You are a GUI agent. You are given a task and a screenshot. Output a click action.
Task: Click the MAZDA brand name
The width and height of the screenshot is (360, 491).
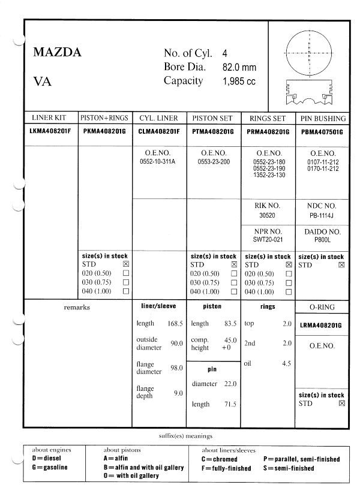(57, 52)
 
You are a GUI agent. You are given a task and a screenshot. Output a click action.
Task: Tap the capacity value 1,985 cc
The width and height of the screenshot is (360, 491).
(239, 82)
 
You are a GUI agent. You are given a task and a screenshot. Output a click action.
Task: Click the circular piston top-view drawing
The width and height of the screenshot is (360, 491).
(308, 51)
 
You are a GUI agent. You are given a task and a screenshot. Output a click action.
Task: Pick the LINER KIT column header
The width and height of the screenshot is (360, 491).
(51, 118)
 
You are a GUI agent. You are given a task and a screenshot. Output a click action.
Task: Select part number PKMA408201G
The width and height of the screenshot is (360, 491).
(105, 131)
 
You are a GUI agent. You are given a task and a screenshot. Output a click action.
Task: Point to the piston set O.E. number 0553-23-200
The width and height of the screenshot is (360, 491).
(213, 161)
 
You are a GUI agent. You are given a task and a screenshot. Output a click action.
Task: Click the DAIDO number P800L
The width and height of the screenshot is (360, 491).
(322, 239)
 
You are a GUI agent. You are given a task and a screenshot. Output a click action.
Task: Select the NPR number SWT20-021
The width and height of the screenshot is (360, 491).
(267, 239)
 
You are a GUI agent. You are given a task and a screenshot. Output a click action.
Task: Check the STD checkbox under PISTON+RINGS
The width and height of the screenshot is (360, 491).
(126, 264)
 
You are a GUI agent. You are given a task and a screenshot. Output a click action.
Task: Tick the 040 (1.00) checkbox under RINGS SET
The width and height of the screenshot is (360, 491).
(289, 292)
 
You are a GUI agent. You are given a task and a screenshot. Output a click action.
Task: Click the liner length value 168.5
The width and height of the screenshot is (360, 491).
(175, 324)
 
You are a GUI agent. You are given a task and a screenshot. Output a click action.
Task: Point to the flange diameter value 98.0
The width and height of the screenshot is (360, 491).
(176, 368)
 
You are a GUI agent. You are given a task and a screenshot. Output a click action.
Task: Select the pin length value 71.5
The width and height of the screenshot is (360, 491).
(229, 405)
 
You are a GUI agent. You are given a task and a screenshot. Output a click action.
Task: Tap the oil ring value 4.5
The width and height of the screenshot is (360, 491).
(287, 363)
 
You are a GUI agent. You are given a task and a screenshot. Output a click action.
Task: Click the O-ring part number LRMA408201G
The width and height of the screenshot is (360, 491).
(321, 326)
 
